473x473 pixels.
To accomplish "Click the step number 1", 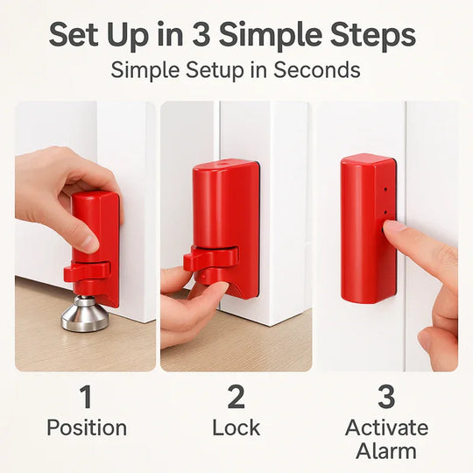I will pyautogui.click(x=86, y=397).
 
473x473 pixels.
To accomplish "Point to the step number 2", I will pyautogui.click(x=236, y=397).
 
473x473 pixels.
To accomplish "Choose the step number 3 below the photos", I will pyautogui.click(x=386, y=397).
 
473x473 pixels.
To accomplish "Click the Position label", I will pyautogui.click(x=86, y=428).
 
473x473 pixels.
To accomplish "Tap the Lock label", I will pyautogui.click(x=236, y=428).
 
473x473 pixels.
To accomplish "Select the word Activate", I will pyautogui.click(x=386, y=428).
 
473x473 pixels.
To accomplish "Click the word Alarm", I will pyautogui.click(x=386, y=452).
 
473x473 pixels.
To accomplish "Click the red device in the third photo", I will pyautogui.click(x=366, y=228).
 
